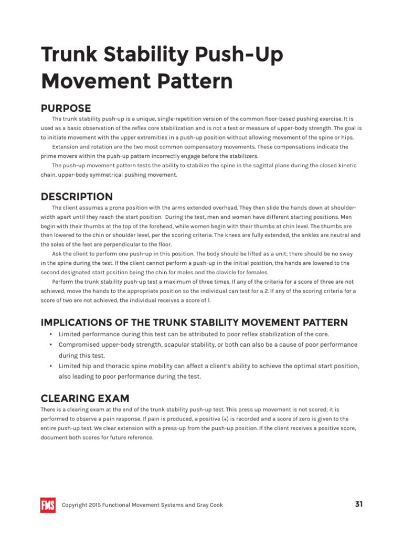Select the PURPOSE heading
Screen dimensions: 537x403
point(66,109)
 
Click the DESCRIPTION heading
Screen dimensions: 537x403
point(77,197)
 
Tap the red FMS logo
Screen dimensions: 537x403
point(48,505)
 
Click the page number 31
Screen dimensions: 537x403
point(359,504)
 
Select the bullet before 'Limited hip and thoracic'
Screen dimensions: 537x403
point(50,366)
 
